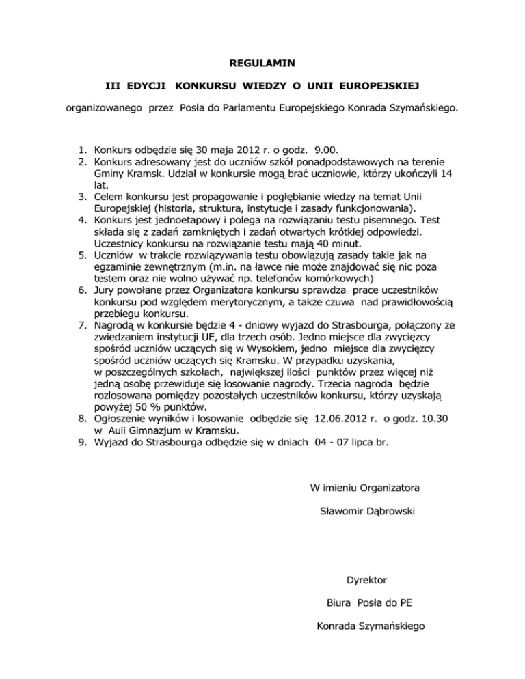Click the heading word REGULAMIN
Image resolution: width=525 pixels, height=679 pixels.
point(263,64)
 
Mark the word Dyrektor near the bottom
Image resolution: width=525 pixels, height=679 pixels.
point(366,581)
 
